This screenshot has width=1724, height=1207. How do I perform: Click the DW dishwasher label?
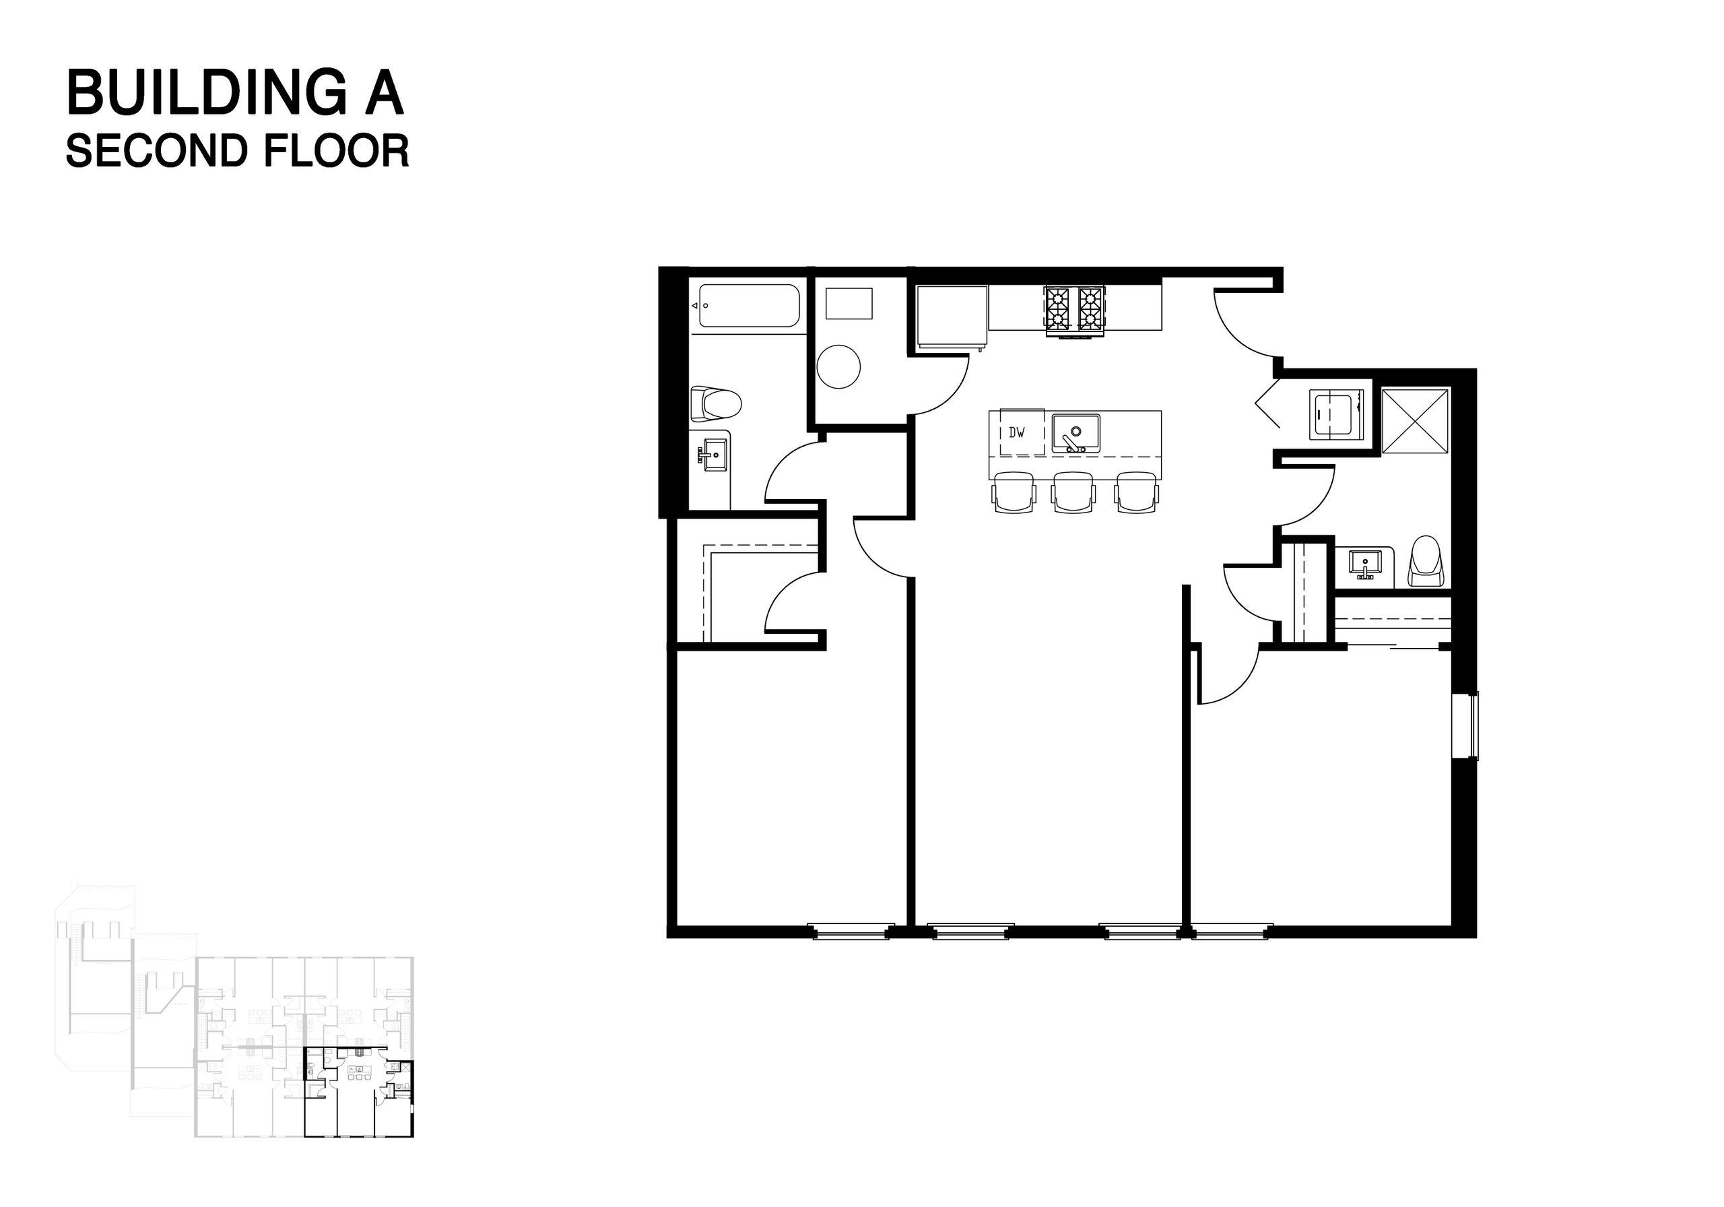(x=1017, y=432)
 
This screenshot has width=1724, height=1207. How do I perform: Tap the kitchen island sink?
(x=1076, y=433)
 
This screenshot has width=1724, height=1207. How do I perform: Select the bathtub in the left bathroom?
(x=749, y=305)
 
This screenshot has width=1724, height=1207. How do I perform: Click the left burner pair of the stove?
(x=1059, y=309)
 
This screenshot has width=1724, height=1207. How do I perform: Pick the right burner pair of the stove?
(x=1091, y=309)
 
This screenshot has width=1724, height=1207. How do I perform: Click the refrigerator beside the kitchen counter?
(x=952, y=316)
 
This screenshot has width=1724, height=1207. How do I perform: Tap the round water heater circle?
(x=838, y=366)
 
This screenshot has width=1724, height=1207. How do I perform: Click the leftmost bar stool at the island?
(x=1014, y=492)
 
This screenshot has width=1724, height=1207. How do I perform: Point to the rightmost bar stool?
(x=1135, y=492)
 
